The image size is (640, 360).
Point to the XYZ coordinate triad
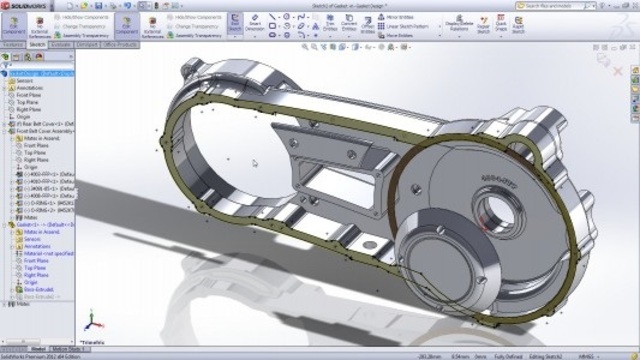click(91, 320)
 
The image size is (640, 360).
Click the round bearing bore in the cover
click(493, 211)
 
